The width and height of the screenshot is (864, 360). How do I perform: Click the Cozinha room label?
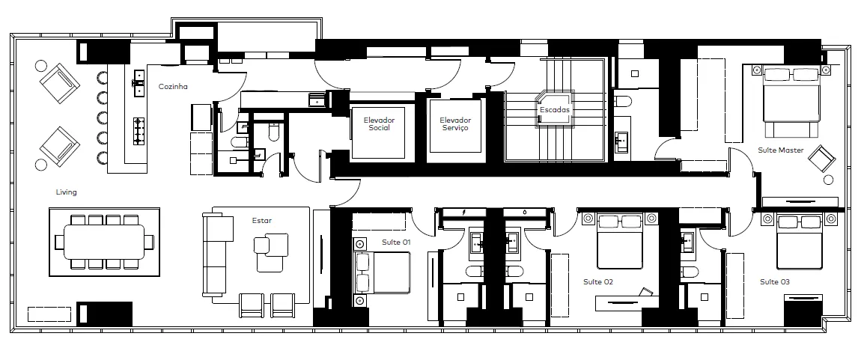click(x=173, y=86)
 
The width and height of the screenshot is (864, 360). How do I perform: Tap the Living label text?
click(x=66, y=192)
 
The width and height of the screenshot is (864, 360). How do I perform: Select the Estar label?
click(x=262, y=221)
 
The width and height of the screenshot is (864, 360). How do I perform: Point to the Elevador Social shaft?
click(x=378, y=131)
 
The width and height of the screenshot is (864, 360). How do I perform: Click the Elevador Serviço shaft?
click(x=454, y=126)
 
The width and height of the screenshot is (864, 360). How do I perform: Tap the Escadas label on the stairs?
click(x=554, y=109)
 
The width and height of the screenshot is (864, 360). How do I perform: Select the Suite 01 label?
click(x=396, y=242)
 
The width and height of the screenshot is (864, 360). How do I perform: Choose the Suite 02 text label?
click(x=598, y=282)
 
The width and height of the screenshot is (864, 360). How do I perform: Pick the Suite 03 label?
click(x=775, y=282)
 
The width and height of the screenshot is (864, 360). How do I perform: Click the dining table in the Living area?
click(x=104, y=242)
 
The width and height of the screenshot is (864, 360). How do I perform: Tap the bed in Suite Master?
click(x=791, y=102)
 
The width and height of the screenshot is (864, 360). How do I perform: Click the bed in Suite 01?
click(x=383, y=272)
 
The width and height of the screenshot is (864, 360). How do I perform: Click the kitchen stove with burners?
click(x=139, y=131)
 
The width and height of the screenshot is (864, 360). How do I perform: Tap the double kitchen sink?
click(x=139, y=83)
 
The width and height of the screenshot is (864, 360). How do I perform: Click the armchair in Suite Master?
click(x=822, y=159)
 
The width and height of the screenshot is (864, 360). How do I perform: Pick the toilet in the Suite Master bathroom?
click(x=623, y=102)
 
